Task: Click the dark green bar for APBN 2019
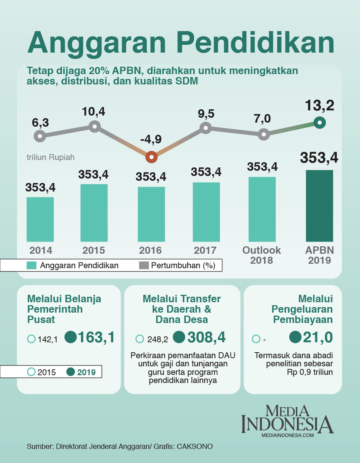click(319, 206)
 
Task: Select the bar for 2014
click(40, 219)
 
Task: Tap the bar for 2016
click(151, 214)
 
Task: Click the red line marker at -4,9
click(151, 157)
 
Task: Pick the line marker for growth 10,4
click(94, 127)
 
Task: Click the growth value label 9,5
click(206, 114)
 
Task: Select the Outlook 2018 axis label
click(261, 255)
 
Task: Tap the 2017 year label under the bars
click(205, 250)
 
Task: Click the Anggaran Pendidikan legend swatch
click(31, 265)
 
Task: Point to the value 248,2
click(157, 339)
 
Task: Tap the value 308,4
click(206, 337)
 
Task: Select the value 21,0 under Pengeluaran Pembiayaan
click(317, 337)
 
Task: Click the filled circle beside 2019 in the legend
click(70, 372)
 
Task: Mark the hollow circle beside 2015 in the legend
click(31, 372)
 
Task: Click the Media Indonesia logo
click(287, 421)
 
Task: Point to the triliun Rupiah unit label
click(51, 157)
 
